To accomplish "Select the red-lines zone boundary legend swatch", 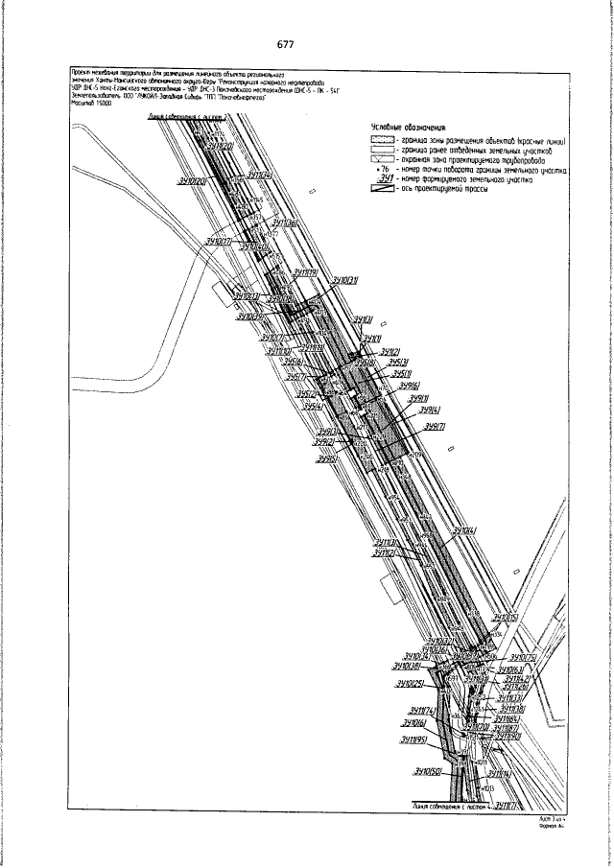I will pyautogui.click(x=382, y=141).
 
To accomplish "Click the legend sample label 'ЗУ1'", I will pyautogui.click(x=387, y=178).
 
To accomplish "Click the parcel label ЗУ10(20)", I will pyautogui.click(x=194, y=180).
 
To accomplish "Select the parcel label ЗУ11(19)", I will pyautogui.click(x=306, y=271).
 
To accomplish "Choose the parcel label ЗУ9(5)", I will pyautogui.click(x=328, y=459).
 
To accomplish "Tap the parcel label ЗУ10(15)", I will pyautogui.click(x=505, y=618).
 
